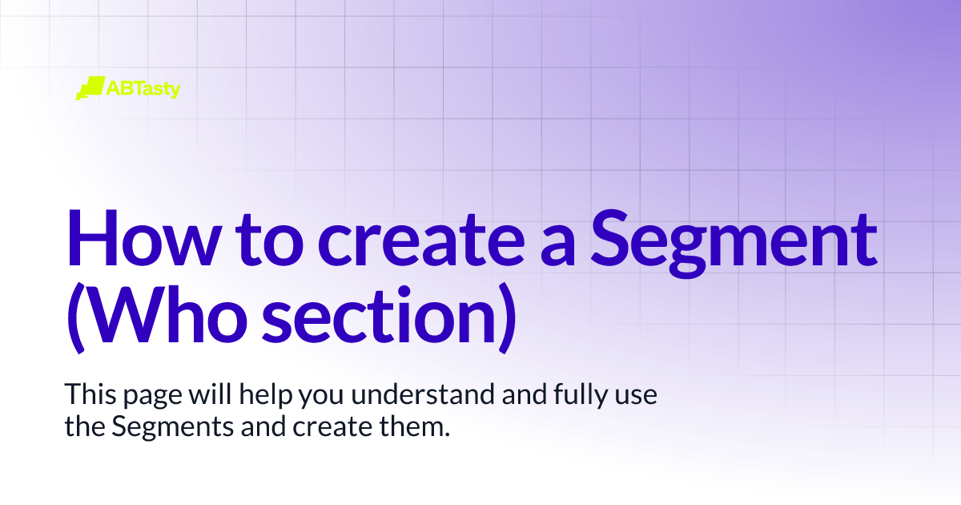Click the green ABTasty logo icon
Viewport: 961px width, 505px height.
(90, 88)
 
